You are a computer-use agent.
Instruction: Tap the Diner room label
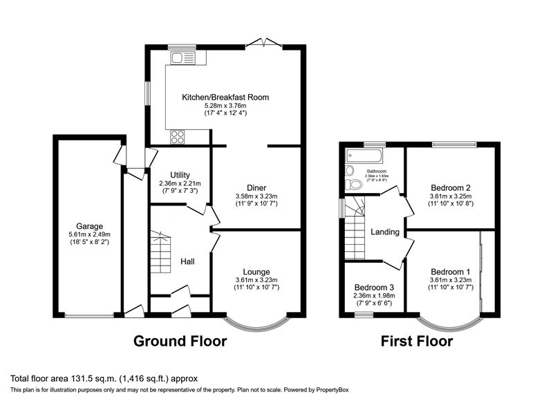click(256, 187)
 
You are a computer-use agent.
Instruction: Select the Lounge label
click(256, 272)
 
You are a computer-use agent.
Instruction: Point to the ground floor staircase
click(160, 255)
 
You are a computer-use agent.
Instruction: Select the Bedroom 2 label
click(451, 187)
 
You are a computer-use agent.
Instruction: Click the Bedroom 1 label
click(451, 271)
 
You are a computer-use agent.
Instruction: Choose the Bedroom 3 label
click(374, 288)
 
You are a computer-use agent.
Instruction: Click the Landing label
click(385, 232)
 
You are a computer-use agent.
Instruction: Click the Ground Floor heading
click(180, 341)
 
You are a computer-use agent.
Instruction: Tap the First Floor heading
click(417, 341)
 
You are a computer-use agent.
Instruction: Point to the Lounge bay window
click(256, 324)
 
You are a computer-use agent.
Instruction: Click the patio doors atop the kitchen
click(264, 44)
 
